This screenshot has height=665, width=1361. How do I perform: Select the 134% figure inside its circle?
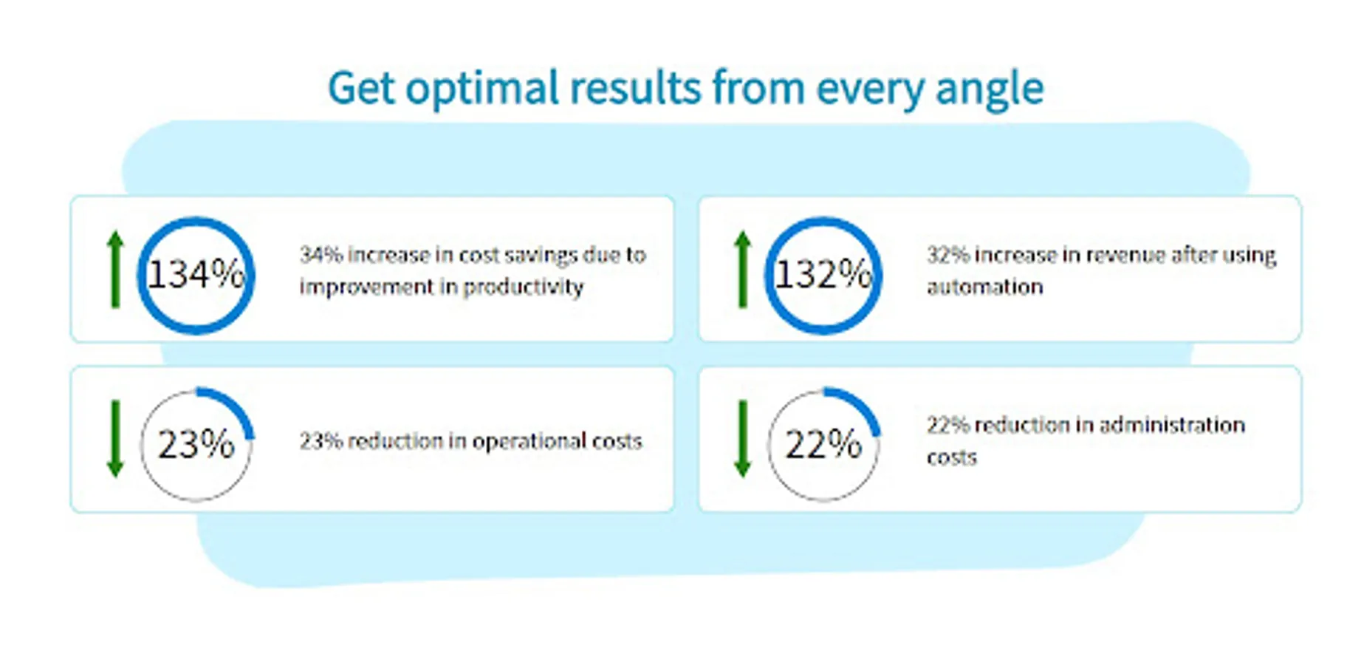pos(196,275)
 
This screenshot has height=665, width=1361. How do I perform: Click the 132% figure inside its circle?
pos(823,275)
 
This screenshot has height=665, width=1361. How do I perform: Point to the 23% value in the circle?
pos(196,445)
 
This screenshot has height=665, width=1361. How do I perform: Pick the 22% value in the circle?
pos(823,445)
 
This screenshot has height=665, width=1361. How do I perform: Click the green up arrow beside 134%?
pos(115,269)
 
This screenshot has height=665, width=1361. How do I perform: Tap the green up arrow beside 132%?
pos(743,269)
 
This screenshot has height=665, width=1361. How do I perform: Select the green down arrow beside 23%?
pos(115,439)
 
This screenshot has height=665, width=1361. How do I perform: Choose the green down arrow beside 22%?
pos(743,439)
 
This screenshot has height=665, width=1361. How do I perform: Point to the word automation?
pos(985,287)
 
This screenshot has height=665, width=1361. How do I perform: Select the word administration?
pos(1172,425)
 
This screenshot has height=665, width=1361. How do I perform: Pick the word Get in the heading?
pos(361,89)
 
